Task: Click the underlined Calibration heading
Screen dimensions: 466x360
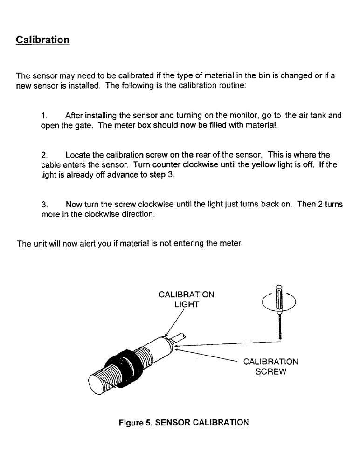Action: tap(43, 39)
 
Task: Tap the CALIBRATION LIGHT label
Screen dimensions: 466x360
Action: tap(187, 300)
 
